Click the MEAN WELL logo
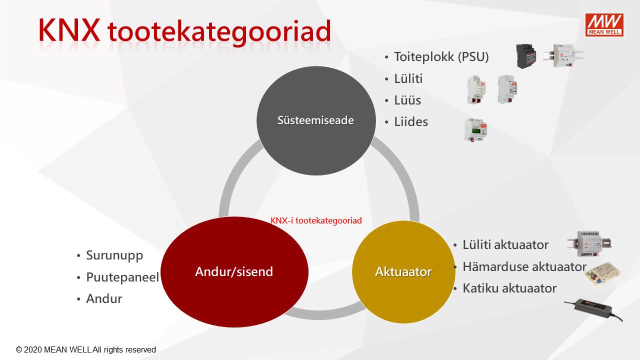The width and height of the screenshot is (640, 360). [x=604, y=25]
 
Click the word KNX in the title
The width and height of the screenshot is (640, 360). [x=69, y=30]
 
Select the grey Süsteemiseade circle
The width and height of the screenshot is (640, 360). [x=316, y=120]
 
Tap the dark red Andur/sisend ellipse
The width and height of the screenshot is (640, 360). [x=234, y=271]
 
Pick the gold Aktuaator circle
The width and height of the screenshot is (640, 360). [x=403, y=271]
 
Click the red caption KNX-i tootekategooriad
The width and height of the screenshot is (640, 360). [x=316, y=220]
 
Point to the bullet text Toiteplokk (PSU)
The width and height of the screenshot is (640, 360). [x=441, y=56]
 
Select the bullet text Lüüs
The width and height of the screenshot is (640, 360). [x=407, y=100]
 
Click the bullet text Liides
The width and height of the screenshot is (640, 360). [x=411, y=121]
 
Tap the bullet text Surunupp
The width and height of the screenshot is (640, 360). [x=114, y=255]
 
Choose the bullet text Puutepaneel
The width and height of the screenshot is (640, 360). [x=122, y=277]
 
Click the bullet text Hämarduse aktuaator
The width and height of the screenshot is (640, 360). [x=524, y=266]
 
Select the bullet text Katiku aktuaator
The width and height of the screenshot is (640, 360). [x=509, y=288]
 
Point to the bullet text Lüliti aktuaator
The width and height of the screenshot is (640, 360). [x=505, y=245]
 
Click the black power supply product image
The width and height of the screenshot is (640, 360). [x=526, y=56]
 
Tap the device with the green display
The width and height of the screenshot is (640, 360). [x=475, y=130]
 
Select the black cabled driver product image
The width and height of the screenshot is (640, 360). [x=593, y=310]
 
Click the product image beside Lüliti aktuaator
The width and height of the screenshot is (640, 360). [x=589, y=243]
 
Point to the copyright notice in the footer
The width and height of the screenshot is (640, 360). [x=85, y=349]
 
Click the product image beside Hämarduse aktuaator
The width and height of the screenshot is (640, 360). [x=602, y=273]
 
